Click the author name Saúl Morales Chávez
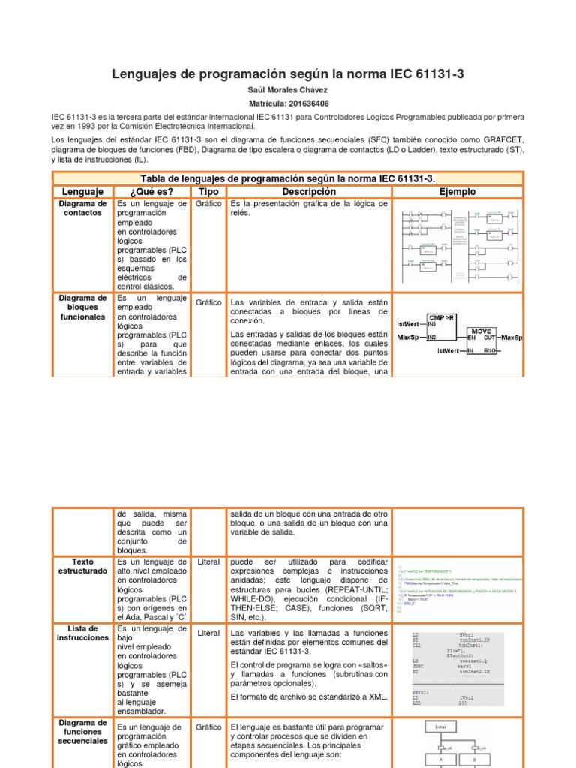[x=288, y=90]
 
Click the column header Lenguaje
[x=82, y=192]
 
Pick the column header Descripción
[x=308, y=192]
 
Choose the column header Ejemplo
[x=457, y=192]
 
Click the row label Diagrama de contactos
[x=82, y=208]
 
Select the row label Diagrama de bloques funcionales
[x=82, y=307]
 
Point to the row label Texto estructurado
[x=82, y=566]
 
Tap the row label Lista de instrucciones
[x=82, y=633]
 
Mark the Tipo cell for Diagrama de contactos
[x=208, y=204]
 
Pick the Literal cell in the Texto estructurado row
[x=208, y=562]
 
